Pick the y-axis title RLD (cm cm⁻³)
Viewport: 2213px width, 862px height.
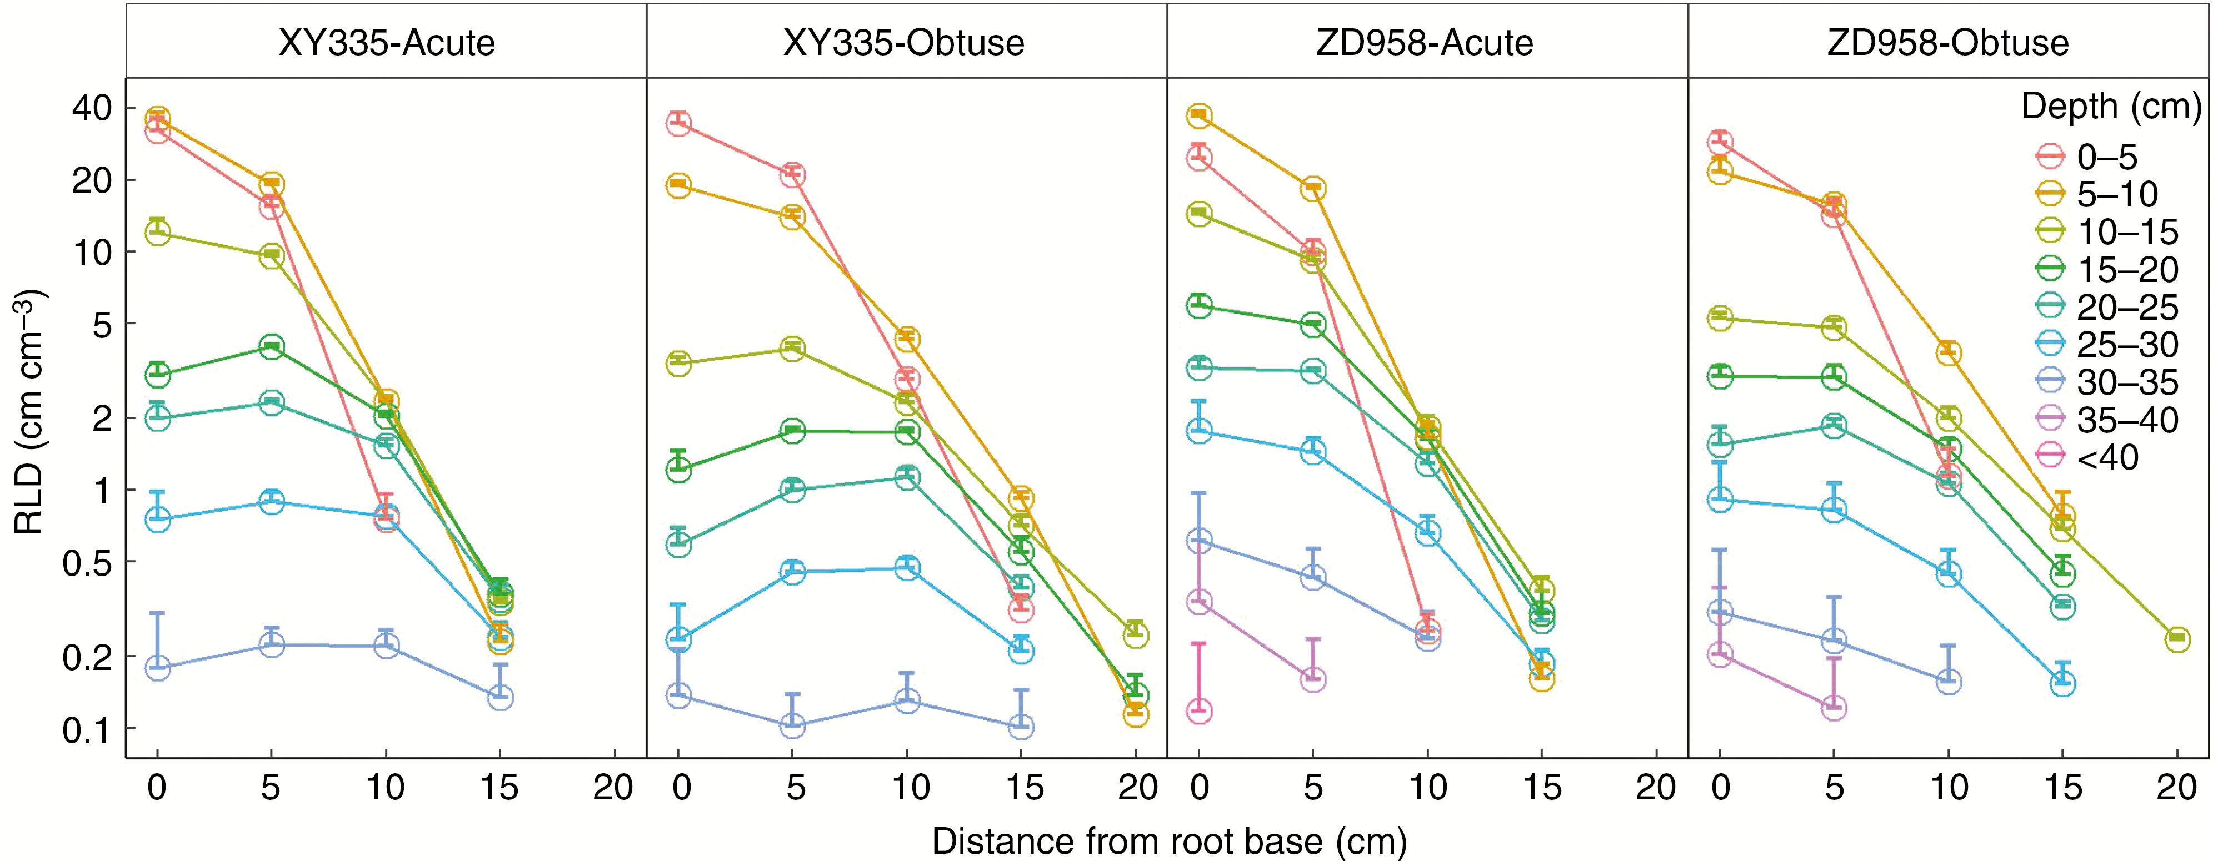coord(30,412)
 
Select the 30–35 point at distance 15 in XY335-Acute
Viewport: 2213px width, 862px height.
coord(500,696)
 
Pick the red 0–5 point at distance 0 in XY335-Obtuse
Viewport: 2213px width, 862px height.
coord(678,123)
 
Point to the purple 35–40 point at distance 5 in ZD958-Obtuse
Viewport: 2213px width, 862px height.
coord(1834,708)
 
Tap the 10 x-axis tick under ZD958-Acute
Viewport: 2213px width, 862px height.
coord(1427,787)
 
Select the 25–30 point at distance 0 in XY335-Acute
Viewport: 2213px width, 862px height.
coord(157,518)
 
